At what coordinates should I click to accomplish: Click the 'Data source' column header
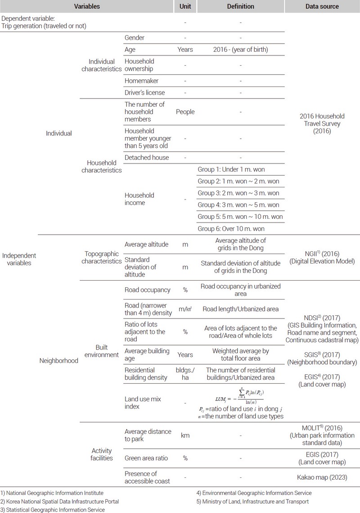(x=322, y=7)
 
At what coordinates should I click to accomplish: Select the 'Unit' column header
(x=185, y=7)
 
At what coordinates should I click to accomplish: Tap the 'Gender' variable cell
(x=135, y=38)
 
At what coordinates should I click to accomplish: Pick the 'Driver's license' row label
(x=145, y=93)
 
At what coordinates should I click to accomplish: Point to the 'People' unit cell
(x=185, y=112)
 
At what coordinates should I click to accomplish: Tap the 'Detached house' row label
(x=147, y=158)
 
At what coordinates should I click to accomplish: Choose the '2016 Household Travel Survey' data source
(x=322, y=124)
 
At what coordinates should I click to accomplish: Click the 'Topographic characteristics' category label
(x=102, y=256)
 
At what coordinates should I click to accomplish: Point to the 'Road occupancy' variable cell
(x=147, y=290)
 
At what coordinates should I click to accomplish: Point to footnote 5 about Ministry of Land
(x=249, y=501)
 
